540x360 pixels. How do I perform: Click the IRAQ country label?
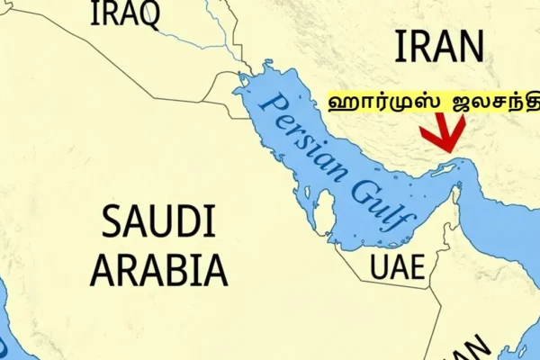click(125, 13)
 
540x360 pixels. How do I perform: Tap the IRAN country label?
click(439, 46)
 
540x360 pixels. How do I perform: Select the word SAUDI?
click(158, 222)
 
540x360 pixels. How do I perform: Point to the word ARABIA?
click(159, 267)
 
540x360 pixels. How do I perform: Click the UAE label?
click(397, 266)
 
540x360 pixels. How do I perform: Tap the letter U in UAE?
click(380, 266)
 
